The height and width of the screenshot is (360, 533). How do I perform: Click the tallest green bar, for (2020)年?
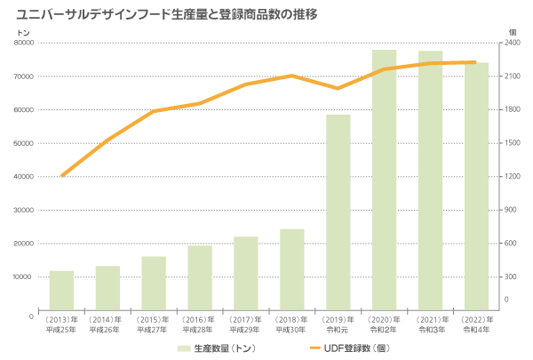pyautogui.click(x=385, y=179)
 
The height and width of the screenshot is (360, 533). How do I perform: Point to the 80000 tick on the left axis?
pyautogui.click(x=24, y=43)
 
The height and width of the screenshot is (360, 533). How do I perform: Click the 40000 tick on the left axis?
pyautogui.click(x=24, y=177)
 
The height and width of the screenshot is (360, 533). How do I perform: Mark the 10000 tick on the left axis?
pyautogui.click(x=24, y=277)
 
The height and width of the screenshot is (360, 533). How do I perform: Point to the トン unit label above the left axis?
pyautogui.click(x=24, y=32)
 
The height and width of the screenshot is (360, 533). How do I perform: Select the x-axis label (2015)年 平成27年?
pyautogui.click(x=154, y=324)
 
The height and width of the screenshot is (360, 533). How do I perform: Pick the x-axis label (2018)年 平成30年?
pyautogui.click(x=292, y=324)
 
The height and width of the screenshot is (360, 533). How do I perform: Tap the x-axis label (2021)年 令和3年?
pyautogui.click(x=431, y=324)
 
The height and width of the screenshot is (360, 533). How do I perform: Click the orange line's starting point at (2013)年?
pyautogui.click(x=61, y=176)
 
